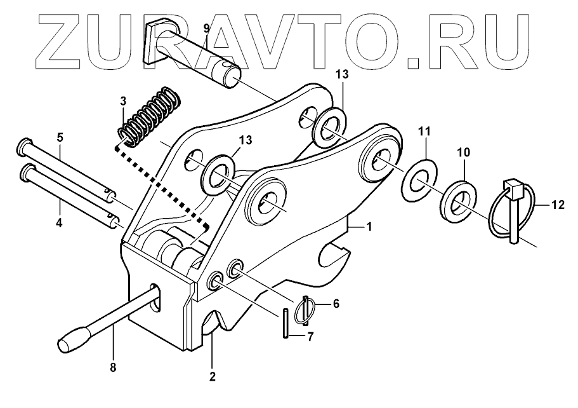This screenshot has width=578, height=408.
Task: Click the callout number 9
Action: (x=206, y=28)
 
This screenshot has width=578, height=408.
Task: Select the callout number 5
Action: (x=60, y=137)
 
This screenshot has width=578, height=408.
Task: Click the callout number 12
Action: (x=557, y=205)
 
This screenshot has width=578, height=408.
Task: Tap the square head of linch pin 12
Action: (x=513, y=189)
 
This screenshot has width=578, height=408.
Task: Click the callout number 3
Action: (x=124, y=101)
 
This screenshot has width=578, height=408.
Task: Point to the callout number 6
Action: (x=336, y=304)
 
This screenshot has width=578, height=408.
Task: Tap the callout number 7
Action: (x=310, y=337)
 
